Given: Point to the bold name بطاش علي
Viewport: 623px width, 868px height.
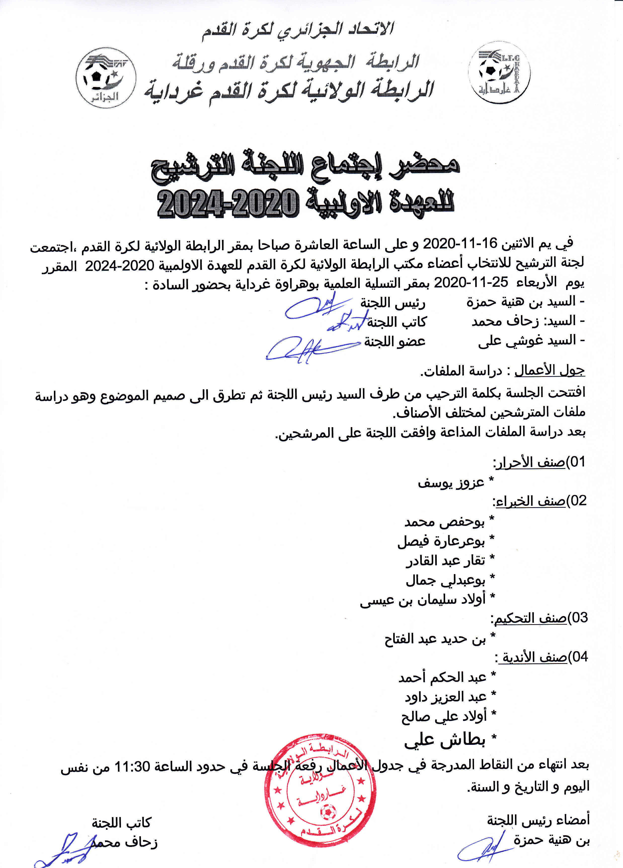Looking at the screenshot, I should (x=445, y=740).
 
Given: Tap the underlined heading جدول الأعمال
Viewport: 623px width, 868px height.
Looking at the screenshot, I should (x=549, y=370).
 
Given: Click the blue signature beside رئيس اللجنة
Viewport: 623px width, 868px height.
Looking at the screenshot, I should (x=314, y=306).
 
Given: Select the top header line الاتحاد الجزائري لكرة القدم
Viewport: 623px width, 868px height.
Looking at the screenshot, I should (x=298, y=30).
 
